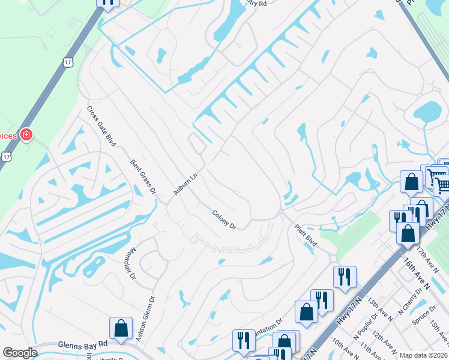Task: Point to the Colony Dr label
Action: click(x=224, y=219)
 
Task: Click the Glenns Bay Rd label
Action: click(x=83, y=345)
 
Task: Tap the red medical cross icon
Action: click(x=26, y=134)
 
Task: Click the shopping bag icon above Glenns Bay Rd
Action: click(x=121, y=328)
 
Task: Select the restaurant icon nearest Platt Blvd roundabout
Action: click(x=345, y=277)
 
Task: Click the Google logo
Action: click(x=20, y=353)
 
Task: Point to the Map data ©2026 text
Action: click(x=423, y=355)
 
